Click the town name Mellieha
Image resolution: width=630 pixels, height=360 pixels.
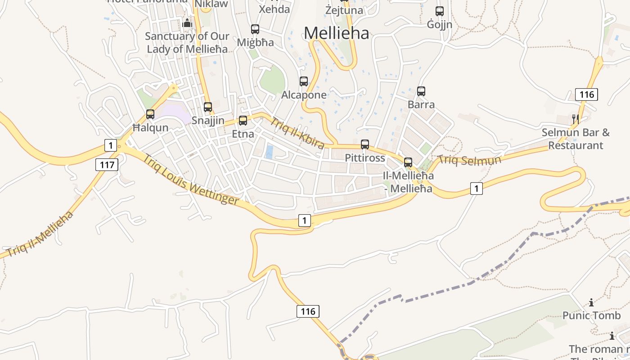336,33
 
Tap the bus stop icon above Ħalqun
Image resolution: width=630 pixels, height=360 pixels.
150,114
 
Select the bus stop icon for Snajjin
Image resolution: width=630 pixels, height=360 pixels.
208,107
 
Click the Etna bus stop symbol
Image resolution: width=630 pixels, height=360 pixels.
243,121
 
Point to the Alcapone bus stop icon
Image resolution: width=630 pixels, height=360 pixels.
304,81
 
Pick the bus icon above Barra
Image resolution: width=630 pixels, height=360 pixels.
421,91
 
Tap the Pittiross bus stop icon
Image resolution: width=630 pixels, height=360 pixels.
365,144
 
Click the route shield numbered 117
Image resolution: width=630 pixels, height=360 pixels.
107,165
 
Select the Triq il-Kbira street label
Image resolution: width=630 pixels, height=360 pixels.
297,133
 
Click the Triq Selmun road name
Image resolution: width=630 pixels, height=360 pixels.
469,160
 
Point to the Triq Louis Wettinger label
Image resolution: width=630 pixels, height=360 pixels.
191,179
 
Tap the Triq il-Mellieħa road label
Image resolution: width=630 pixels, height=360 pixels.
40,234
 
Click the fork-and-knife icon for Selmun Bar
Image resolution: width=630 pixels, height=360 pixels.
575,119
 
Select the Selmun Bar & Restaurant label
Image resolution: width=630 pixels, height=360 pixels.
576,139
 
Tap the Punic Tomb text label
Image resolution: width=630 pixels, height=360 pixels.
591,315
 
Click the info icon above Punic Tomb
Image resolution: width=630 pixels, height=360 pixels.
591,303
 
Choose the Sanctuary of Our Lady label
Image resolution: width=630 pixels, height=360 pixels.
187,42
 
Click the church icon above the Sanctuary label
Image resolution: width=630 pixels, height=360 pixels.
187,23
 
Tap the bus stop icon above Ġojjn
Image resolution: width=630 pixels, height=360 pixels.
440,11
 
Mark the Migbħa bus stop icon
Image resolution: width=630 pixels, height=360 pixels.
255,29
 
